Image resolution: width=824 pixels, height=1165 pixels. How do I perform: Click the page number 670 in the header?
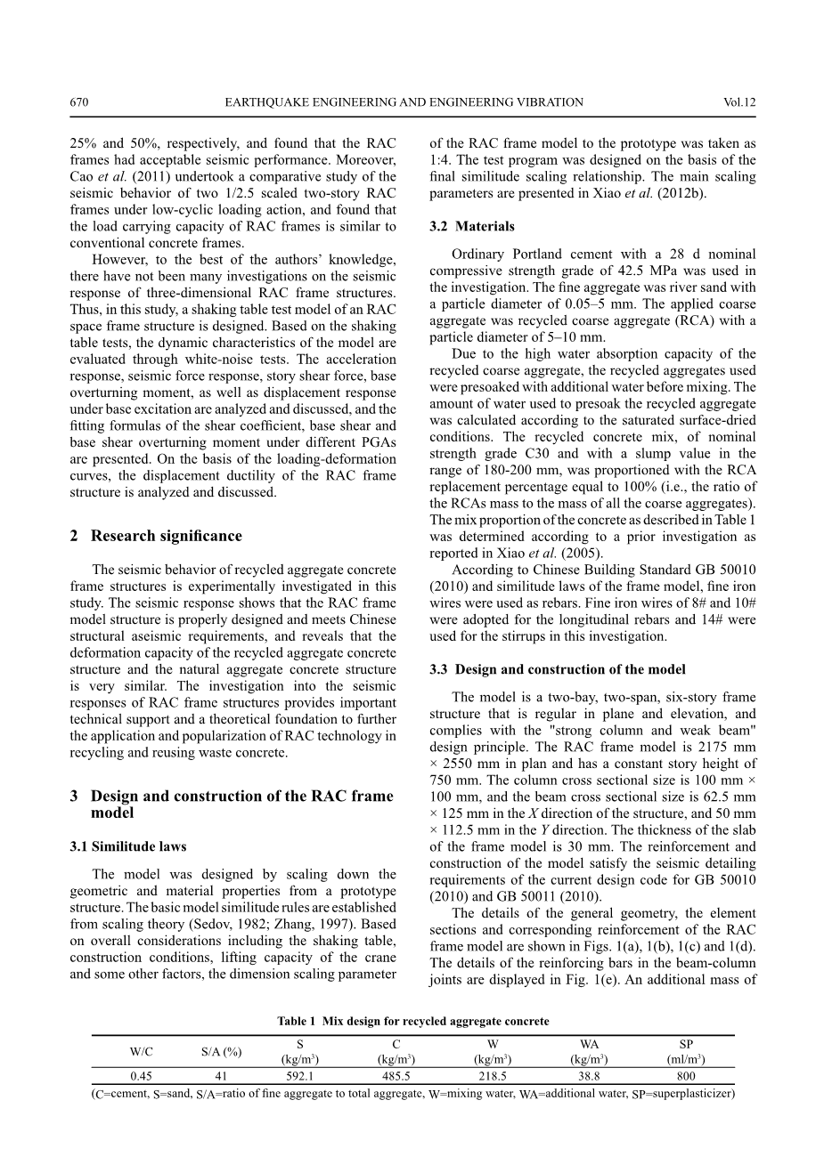[78, 102]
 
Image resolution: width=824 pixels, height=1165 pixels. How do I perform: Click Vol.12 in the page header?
[739, 102]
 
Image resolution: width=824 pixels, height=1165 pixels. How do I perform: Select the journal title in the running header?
[404, 102]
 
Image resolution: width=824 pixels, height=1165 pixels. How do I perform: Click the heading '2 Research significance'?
[156, 536]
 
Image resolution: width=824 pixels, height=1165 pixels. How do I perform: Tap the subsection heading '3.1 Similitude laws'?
[128, 846]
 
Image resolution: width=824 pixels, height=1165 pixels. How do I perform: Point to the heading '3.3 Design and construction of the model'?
[558, 669]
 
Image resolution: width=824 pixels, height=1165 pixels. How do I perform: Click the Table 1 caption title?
[412, 1021]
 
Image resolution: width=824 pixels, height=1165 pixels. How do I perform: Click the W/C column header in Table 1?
[141, 1051]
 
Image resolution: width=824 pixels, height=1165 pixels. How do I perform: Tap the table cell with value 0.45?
[141, 1075]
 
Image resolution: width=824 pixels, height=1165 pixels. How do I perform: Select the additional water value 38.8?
[589, 1075]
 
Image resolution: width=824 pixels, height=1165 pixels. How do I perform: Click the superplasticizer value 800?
[686, 1075]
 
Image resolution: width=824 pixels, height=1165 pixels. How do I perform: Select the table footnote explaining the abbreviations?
[412, 1094]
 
